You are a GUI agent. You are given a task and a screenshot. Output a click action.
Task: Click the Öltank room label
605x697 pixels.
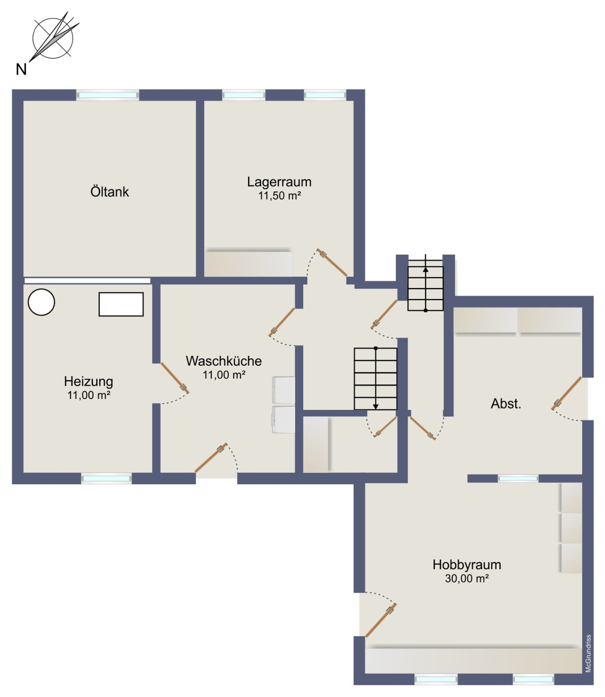point(109,192)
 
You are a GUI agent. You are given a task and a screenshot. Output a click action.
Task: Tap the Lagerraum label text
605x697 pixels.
point(279,182)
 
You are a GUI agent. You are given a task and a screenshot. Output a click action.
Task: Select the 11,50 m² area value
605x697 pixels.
point(280,196)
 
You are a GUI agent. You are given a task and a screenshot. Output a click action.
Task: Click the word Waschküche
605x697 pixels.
point(224,361)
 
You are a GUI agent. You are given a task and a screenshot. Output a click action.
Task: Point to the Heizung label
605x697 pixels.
point(89,381)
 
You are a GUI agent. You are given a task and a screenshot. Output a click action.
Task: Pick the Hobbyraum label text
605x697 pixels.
point(467,565)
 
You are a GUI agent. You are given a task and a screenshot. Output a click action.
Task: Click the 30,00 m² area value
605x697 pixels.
point(467,579)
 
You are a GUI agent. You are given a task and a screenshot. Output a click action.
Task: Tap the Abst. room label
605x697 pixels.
point(506,404)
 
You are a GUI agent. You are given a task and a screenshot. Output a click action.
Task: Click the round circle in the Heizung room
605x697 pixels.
point(41,302)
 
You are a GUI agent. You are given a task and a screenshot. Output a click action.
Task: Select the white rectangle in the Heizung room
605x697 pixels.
point(121,304)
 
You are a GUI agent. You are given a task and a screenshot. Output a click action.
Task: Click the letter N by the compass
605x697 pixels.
point(21,70)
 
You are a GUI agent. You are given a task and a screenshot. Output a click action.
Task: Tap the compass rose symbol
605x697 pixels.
point(53,38)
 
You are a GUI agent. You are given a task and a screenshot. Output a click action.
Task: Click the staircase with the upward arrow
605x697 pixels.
point(426,285)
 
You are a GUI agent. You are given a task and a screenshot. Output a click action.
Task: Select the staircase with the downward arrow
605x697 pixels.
point(376,379)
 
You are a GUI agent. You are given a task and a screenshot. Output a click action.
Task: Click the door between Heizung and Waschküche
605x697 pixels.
point(174,378)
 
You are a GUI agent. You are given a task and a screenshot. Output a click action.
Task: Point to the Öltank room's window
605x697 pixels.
point(108,95)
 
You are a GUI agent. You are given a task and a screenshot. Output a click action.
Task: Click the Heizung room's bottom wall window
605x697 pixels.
point(106,479)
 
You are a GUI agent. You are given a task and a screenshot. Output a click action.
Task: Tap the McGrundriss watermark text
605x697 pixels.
point(588,653)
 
